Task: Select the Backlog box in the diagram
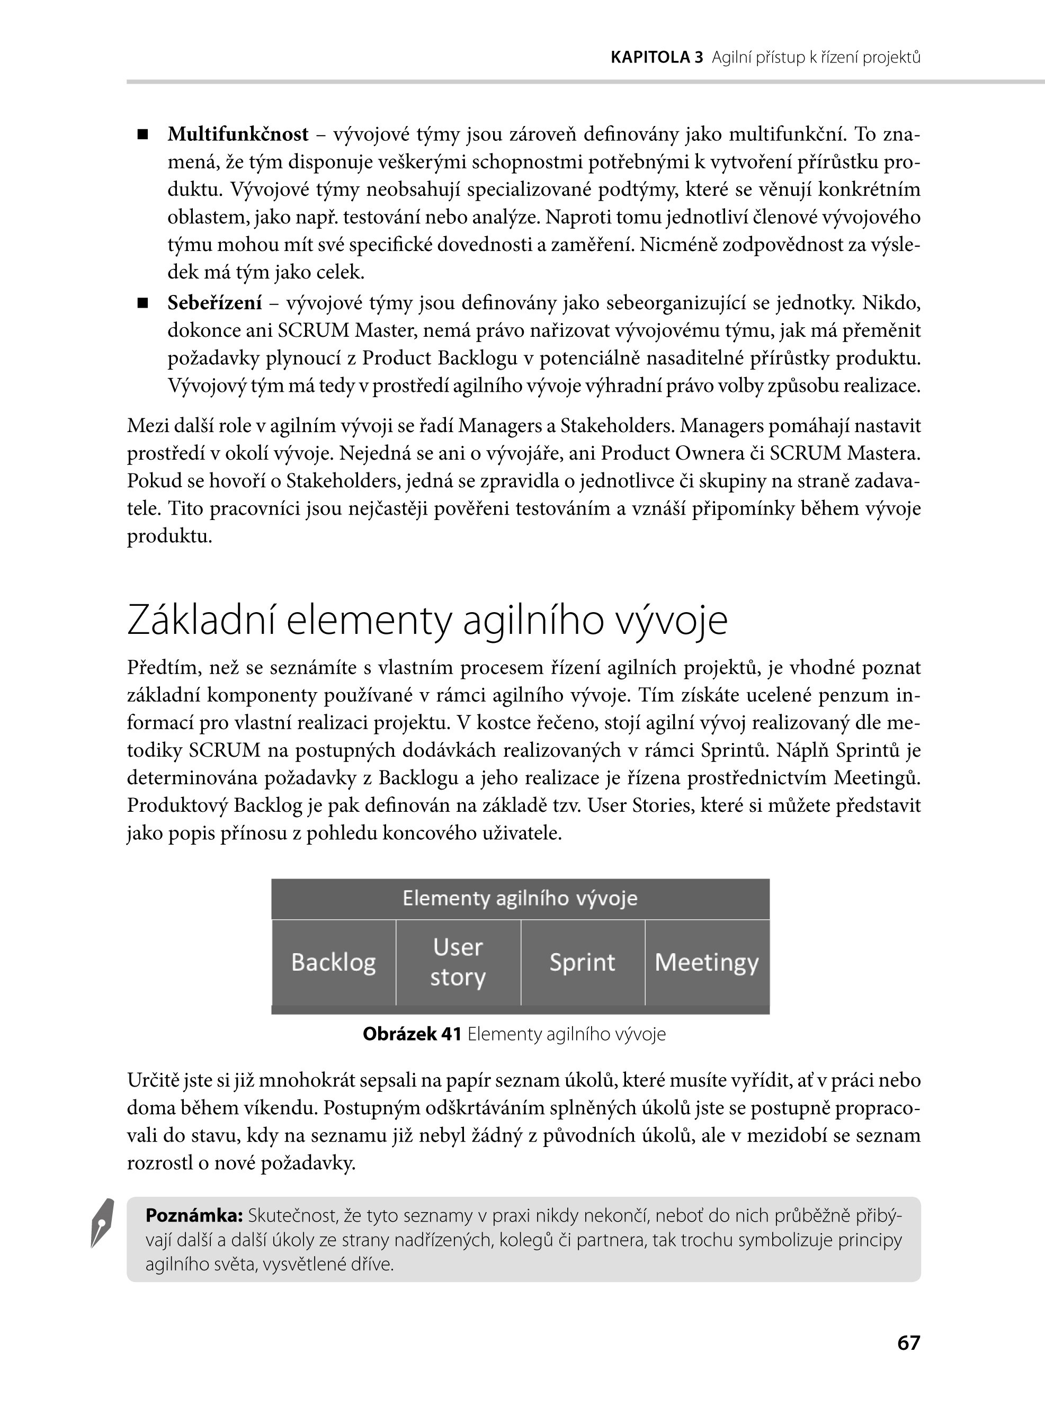coord(333,962)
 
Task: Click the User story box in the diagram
coord(458,962)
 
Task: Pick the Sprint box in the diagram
coord(582,962)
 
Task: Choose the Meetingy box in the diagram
coord(707,962)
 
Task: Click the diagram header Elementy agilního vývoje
coord(520,898)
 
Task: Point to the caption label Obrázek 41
coord(412,1034)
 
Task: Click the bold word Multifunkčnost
coord(238,134)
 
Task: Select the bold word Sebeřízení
coord(215,303)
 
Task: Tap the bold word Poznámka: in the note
coord(194,1215)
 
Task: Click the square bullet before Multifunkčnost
coord(143,135)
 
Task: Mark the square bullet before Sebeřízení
coord(143,303)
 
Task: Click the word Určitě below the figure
coord(154,1080)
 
